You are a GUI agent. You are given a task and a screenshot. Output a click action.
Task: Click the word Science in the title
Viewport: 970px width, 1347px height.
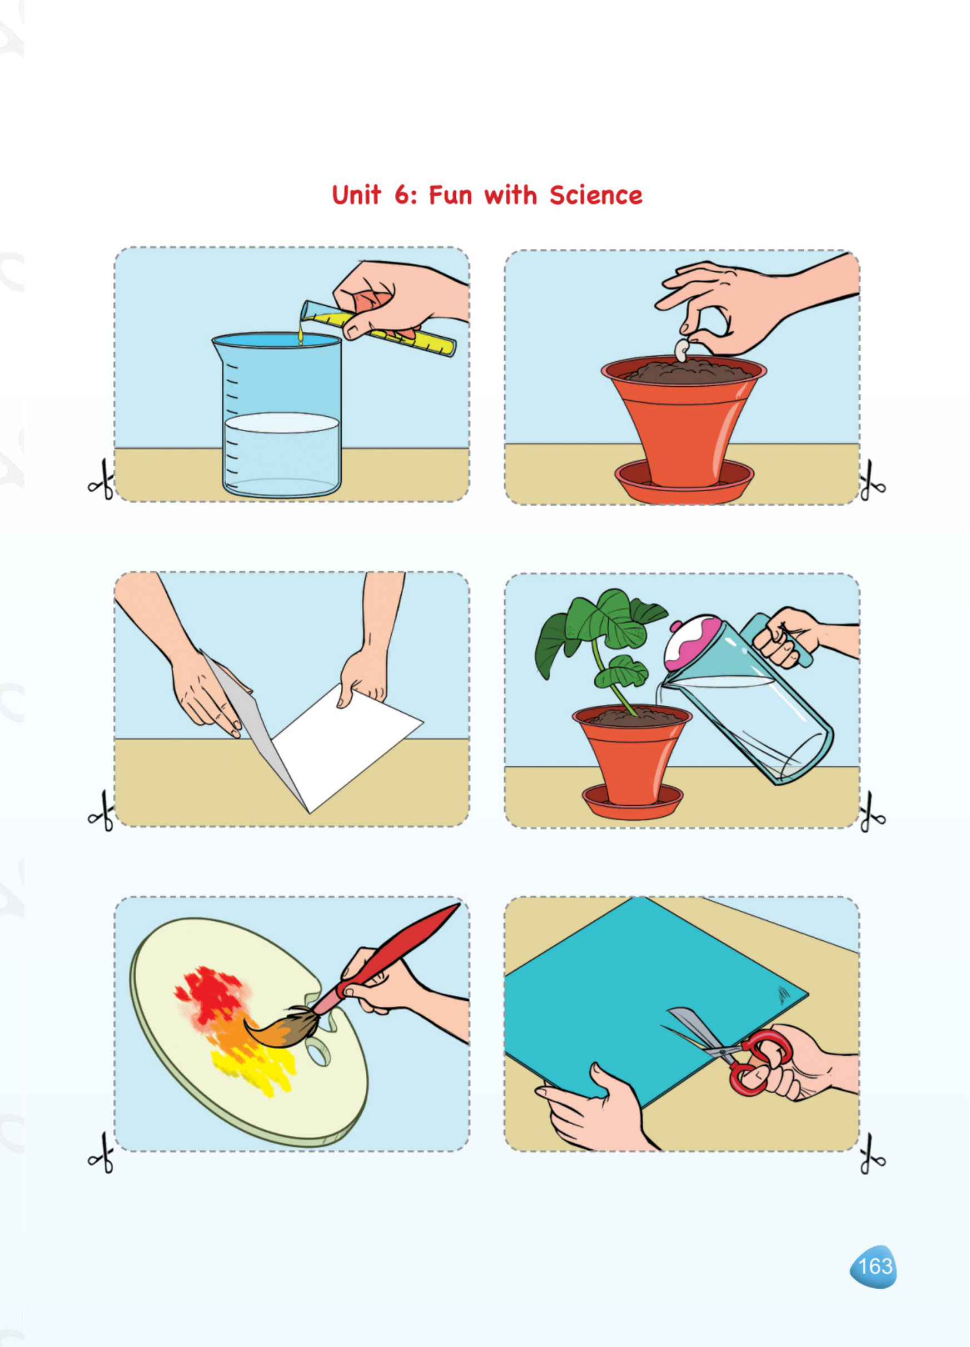(595, 196)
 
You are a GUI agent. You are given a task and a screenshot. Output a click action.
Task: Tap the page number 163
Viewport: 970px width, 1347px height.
(875, 1266)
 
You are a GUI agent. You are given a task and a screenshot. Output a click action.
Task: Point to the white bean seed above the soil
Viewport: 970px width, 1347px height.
(683, 350)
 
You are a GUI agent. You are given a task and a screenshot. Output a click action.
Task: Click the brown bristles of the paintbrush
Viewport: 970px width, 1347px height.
(285, 1030)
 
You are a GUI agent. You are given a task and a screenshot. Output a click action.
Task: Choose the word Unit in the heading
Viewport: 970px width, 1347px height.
(356, 196)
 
